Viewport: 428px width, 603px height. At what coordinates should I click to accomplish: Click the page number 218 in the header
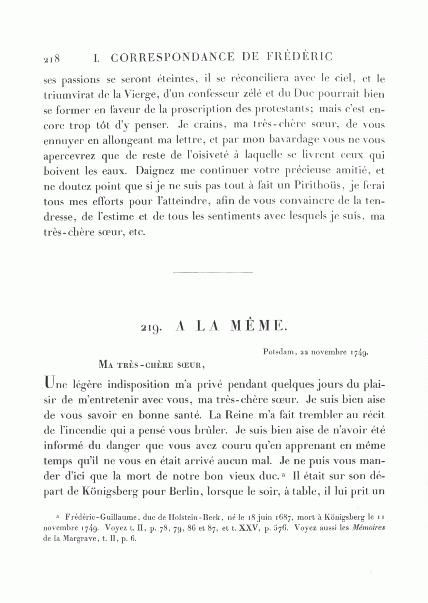51,59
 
